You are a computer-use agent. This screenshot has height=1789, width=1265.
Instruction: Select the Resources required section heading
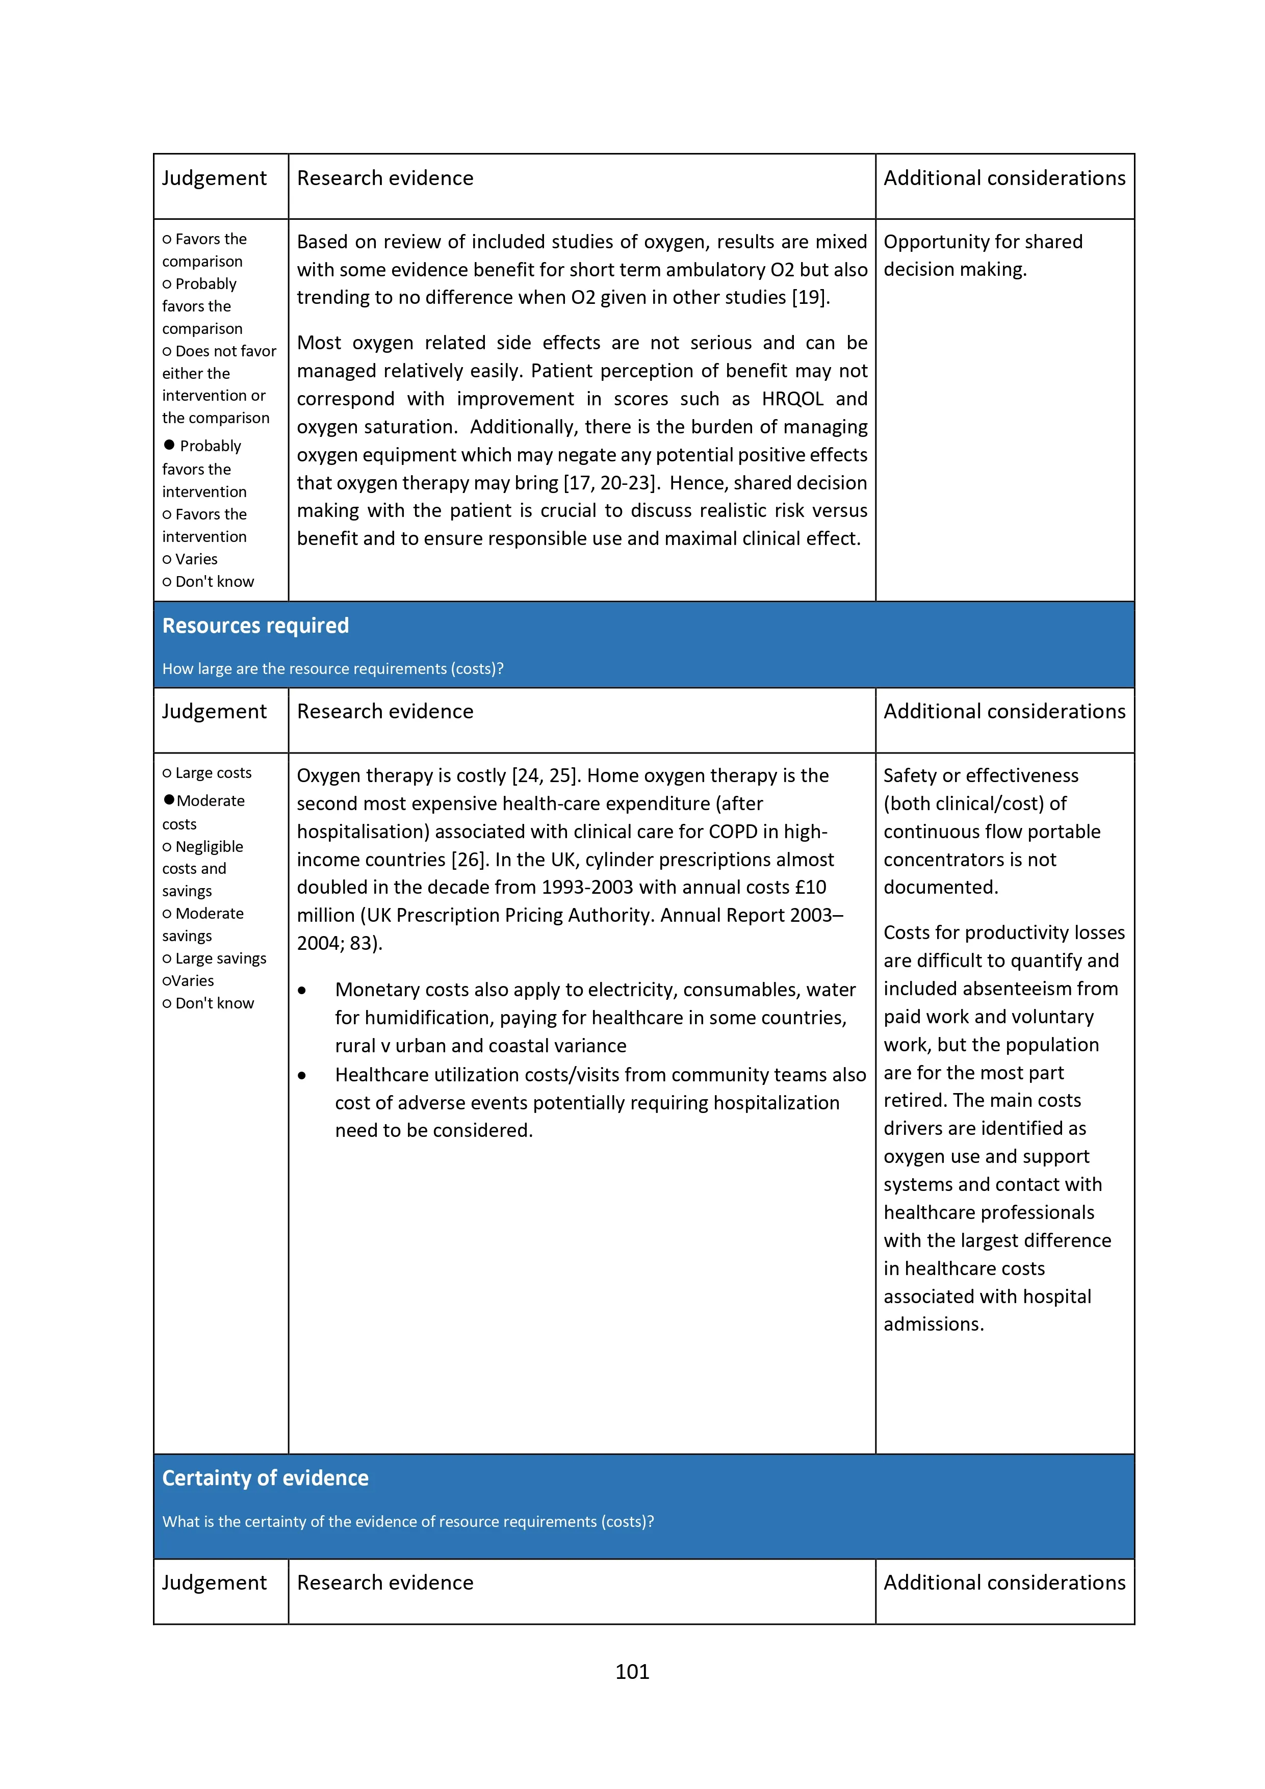coord(255,626)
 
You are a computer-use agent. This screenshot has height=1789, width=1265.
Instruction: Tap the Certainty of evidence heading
coord(265,1478)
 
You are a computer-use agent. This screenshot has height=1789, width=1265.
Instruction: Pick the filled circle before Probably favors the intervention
coord(169,445)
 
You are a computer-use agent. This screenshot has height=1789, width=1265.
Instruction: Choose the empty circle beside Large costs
coord(167,773)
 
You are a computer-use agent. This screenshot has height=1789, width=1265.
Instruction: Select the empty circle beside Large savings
coord(167,958)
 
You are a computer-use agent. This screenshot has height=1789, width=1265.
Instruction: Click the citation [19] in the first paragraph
coord(809,298)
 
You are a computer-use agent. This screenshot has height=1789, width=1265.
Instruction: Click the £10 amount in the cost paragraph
coord(810,888)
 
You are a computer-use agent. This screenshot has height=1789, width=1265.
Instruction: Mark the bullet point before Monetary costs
coord(302,990)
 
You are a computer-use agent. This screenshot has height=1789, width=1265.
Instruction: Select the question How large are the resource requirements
coord(333,668)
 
